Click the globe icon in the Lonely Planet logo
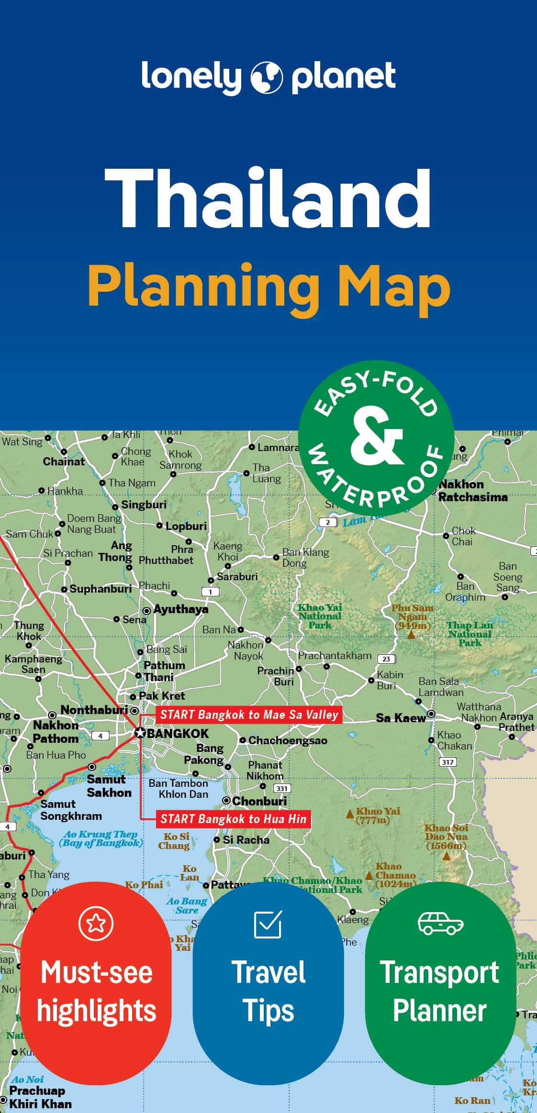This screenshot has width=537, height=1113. (x=267, y=77)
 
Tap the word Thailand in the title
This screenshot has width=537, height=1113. (x=268, y=198)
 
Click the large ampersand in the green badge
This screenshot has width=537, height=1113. (x=376, y=437)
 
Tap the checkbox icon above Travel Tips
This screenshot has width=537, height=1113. (x=268, y=924)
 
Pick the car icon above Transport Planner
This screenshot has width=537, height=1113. (x=440, y=923)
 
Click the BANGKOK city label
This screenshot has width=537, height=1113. (x=177, y=734)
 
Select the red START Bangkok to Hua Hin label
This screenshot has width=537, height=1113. (x=233, y=819)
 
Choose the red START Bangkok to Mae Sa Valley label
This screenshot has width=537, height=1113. (x=249, y=715)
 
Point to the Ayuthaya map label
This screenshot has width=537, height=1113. (x=180, y=609)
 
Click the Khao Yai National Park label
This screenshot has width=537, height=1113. (x=320, y=616)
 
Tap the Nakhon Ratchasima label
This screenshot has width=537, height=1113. (x=472, y=491)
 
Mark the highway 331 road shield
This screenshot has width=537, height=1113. (x=282, y=788)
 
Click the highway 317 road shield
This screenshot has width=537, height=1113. (x=447, y=762)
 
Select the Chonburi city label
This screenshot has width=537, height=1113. (x=259, y=801)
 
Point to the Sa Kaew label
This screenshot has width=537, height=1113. (x=401, y=718)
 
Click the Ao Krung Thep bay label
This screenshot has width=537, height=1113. (x=101, y=838)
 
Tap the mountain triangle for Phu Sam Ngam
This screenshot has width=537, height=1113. (x=411, y=635)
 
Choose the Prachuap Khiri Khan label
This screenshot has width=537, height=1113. (x=40, y=1097)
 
